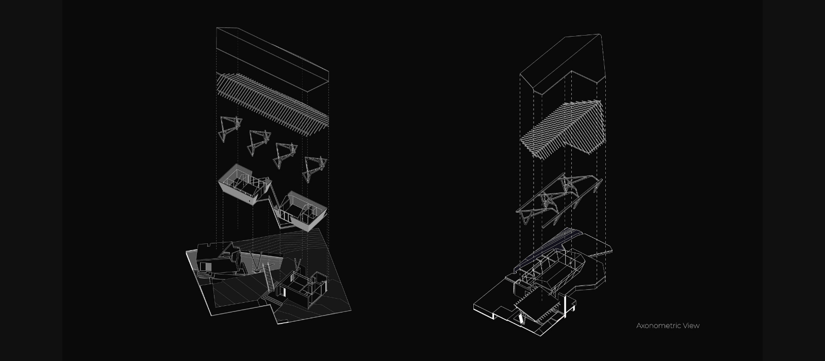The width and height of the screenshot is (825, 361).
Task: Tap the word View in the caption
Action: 691,326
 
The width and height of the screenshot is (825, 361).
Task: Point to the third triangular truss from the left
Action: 285,154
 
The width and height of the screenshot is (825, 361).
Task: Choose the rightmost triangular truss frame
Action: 313,168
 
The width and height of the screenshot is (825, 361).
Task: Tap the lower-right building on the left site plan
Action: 302,289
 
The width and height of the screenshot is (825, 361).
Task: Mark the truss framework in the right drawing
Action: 559,199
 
